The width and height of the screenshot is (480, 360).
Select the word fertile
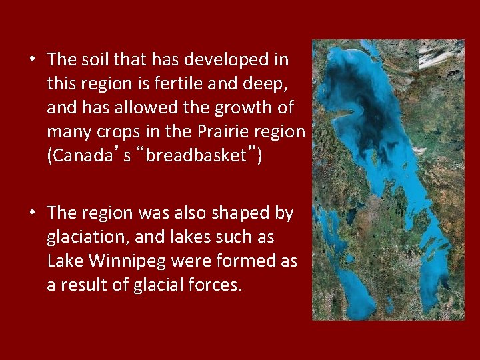point(170,83)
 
